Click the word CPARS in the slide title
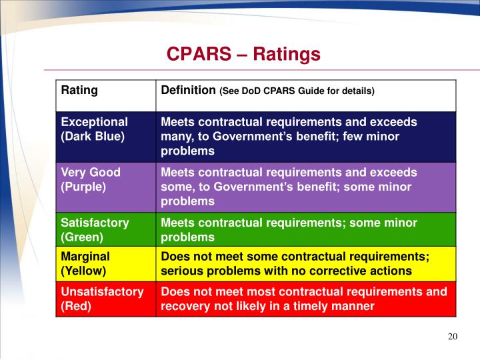pos(197,54)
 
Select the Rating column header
pos(79,90)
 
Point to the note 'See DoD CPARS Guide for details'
pos(297,91)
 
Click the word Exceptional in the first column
pos(94,122)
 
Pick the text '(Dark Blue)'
pos(93,136)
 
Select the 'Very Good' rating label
pos(91,172)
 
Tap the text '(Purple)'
pos(83,187)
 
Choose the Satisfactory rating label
pos(95,223)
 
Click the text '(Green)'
pos(81,237)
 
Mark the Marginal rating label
pos(85,257)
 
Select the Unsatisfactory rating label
pos(102,291)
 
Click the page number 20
pos(453,337)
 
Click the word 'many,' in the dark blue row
pos(175,136)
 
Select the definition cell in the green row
pos(306,230)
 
